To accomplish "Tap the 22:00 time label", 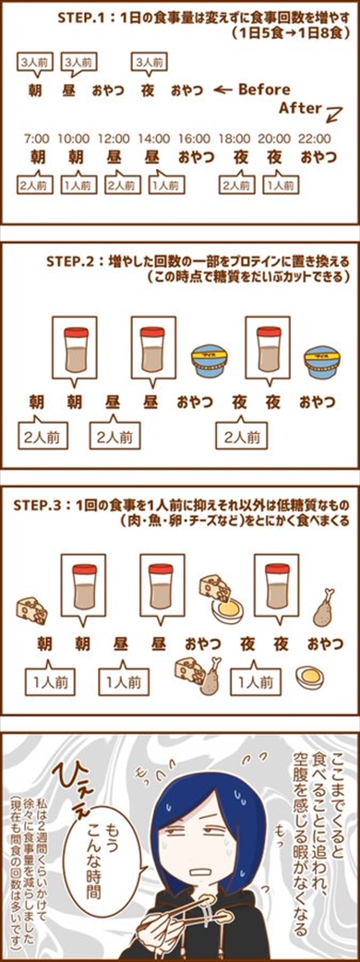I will [x=315, y=138].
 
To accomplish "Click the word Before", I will [x=264, y=90].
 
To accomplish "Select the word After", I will [x=300, y=108].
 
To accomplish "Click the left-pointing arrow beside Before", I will [x=222, y=90].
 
